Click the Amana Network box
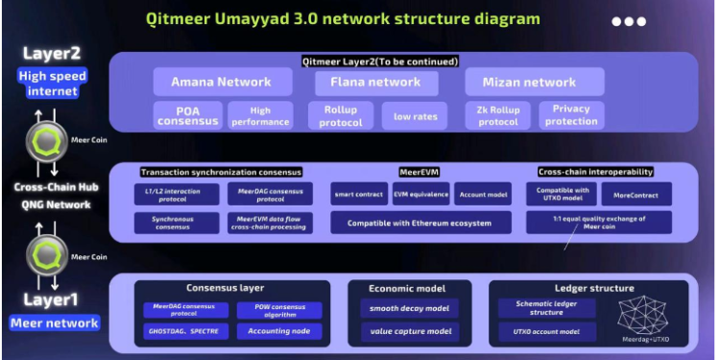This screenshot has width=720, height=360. pos(221,82)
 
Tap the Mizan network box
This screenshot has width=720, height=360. pos(534,82)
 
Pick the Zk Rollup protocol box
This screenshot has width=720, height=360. pos(497,115)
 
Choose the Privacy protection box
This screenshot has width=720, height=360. pos(571,115)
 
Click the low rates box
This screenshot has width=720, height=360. pos(415,115)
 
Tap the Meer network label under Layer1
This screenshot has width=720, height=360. pos(55,323)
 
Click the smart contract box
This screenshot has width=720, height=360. pos(359,194)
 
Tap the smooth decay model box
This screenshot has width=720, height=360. pos(409,309)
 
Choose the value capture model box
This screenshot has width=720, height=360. pos(409,332)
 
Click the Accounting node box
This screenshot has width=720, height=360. pos(279,332)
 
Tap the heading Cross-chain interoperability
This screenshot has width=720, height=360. pos(595,172)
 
